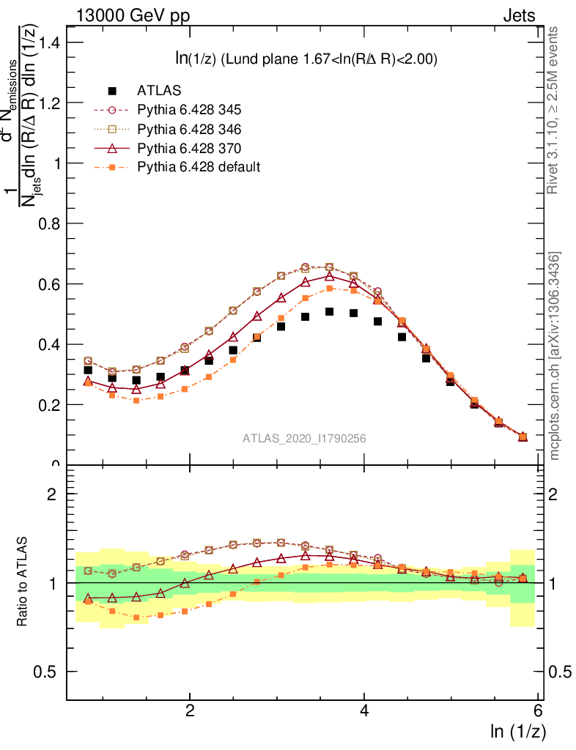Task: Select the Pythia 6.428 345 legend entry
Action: (x=189, y=110)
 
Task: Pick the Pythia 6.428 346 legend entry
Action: (x=189, y=129)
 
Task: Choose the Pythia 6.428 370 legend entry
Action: (x=189, y=148)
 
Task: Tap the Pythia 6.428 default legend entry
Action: (x=199, y=167)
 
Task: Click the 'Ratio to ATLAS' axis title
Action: (x=23, y=582)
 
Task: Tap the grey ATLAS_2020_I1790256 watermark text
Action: (x=304, y=439)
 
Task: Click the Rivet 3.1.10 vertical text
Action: (x=554, y=110)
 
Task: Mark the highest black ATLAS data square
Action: (x=330, y=312)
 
